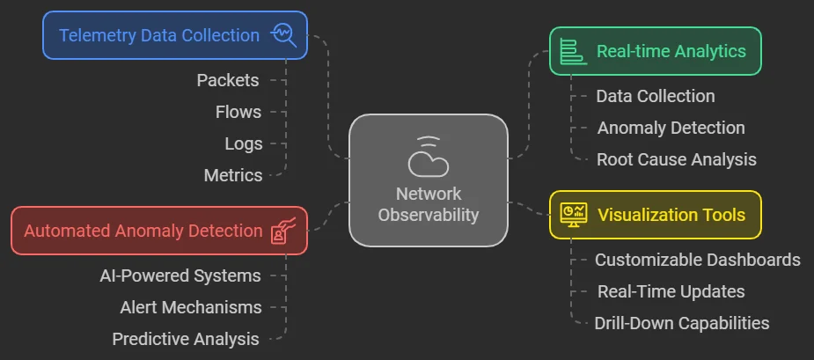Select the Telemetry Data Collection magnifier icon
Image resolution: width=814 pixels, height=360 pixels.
tap(284, 35)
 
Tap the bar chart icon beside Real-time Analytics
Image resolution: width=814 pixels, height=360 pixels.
tap(574, 51)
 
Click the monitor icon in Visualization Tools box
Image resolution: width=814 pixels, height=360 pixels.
tap(575, 214)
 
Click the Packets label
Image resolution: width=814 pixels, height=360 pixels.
tap(228, 80)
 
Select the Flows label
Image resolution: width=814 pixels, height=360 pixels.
tap(238, 112)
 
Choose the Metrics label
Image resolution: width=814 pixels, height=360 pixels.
tap(233, 175)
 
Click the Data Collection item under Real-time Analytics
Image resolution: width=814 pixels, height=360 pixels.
tap(655, 96)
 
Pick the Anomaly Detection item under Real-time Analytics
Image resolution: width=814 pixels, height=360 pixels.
tap(671, 128)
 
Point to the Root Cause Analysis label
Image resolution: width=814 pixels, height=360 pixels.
tap(676, 159)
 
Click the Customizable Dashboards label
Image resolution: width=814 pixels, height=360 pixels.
tap(697, 260)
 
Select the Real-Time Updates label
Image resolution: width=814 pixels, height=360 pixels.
tap(671, 291)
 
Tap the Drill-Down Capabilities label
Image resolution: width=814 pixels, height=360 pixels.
tap(682, 323)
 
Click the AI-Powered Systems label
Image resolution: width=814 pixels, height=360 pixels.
tap(180, 276)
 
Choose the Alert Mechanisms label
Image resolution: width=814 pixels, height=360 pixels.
tap(190, 307)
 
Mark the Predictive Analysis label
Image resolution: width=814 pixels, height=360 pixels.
tap(186, 339)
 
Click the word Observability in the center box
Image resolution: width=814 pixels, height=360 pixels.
tap(429, 214)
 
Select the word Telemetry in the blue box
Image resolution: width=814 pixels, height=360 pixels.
tap(99, 35)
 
